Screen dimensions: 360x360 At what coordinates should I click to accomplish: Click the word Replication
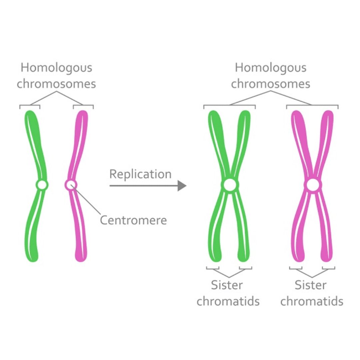point(140,174)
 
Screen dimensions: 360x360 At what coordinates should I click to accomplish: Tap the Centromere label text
point(133,220)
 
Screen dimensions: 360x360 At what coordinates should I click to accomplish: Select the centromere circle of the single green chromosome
point(42,185)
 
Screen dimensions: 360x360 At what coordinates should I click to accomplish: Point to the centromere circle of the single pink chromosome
point(70,184)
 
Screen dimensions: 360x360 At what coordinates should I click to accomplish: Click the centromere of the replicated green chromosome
point(229,185)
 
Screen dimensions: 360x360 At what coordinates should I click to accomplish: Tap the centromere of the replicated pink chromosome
point(312,185)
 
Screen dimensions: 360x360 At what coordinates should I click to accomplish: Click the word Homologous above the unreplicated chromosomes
point(56,68)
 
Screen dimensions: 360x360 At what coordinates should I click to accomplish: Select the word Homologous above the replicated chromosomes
point(270,68)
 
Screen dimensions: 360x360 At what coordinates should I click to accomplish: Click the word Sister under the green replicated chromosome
point(227,285)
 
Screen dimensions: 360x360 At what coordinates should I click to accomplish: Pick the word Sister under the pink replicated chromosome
point(311,285)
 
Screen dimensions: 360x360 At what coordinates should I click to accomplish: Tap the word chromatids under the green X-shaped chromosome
point(228,301)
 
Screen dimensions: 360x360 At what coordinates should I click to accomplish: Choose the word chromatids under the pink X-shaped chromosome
point(312,301)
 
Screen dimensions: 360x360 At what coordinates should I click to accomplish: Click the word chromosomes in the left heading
point(56,84)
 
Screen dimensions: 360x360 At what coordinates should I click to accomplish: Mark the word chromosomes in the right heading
point(270,84)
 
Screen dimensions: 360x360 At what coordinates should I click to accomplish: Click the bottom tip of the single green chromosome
point(33,258)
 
